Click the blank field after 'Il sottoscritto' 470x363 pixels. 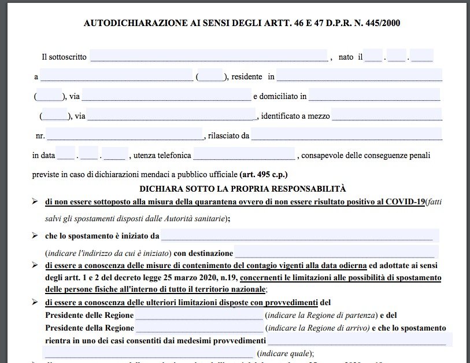click(209, 57)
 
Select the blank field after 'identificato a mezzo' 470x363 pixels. click(387, 115)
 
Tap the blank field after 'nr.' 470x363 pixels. click(125, 135)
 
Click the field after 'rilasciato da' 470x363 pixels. click(347, 135)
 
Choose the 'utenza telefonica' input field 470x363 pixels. click(244, 155)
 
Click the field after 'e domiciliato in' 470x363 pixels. click(375, 96)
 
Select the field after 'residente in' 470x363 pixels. click(359, 76)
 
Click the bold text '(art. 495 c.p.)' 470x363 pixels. click(264, 174)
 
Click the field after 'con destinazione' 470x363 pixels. click(335, 253)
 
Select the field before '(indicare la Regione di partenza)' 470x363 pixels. click(199, 315)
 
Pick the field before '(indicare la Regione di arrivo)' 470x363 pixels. click(199, 328)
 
